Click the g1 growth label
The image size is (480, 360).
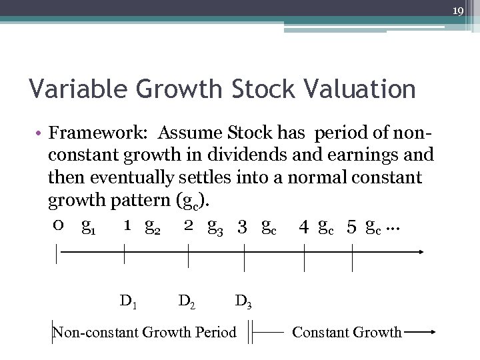[x=87, y=227]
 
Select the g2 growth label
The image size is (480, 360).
[x=153, y=227]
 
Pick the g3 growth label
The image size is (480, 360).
[x=215, y=227]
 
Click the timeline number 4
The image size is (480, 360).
[x=304, y=227]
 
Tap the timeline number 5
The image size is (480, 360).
[x=351, y=227]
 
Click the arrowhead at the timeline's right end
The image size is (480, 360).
[x=421, y=252]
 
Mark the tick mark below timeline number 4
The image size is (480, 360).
[x=305, y=257]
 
